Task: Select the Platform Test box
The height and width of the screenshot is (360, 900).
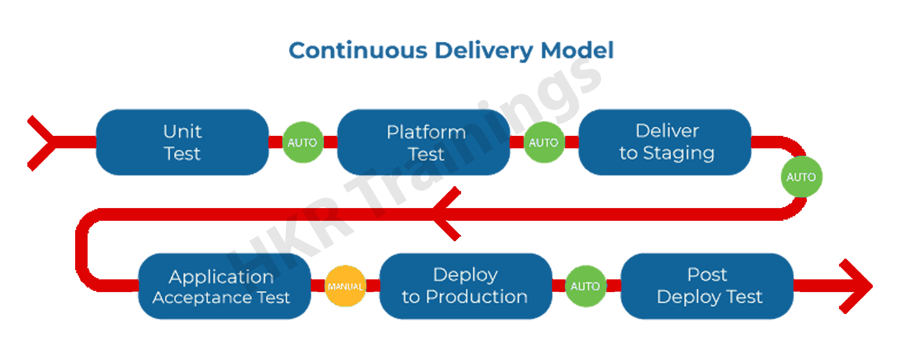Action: coord(423,142)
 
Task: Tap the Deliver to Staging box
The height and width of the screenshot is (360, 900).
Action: coord(665,142)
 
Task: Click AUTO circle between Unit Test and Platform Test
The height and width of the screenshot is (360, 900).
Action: coord(303,142)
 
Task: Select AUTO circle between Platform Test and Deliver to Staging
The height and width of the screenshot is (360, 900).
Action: coord(544,142)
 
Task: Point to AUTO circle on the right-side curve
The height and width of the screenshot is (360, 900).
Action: coord(801,177)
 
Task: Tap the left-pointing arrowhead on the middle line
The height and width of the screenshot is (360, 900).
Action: coord(445,214)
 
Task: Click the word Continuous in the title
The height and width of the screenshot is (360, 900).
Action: coord(358,51)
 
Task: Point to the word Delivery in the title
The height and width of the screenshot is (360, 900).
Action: coord(484,51)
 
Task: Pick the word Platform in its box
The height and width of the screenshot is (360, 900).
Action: coord(426,132)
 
